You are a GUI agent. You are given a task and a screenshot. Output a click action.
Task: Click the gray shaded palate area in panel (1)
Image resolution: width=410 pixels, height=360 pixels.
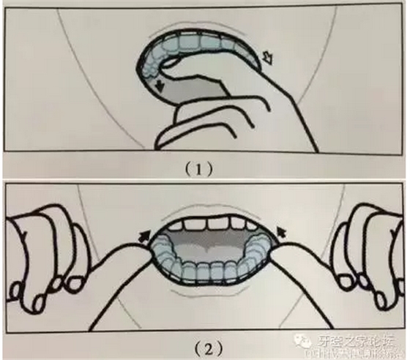point(212,73)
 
